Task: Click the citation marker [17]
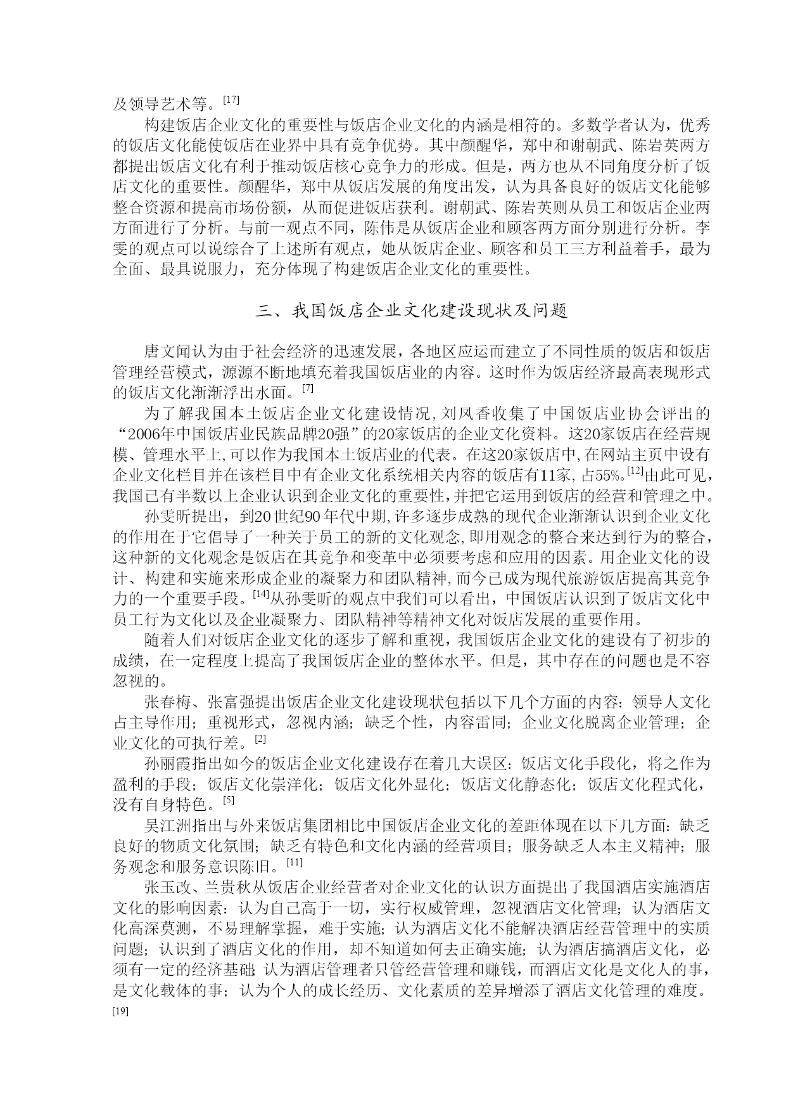coord(231,99)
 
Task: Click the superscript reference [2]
coord(260,739)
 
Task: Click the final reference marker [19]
coord(120,1012)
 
